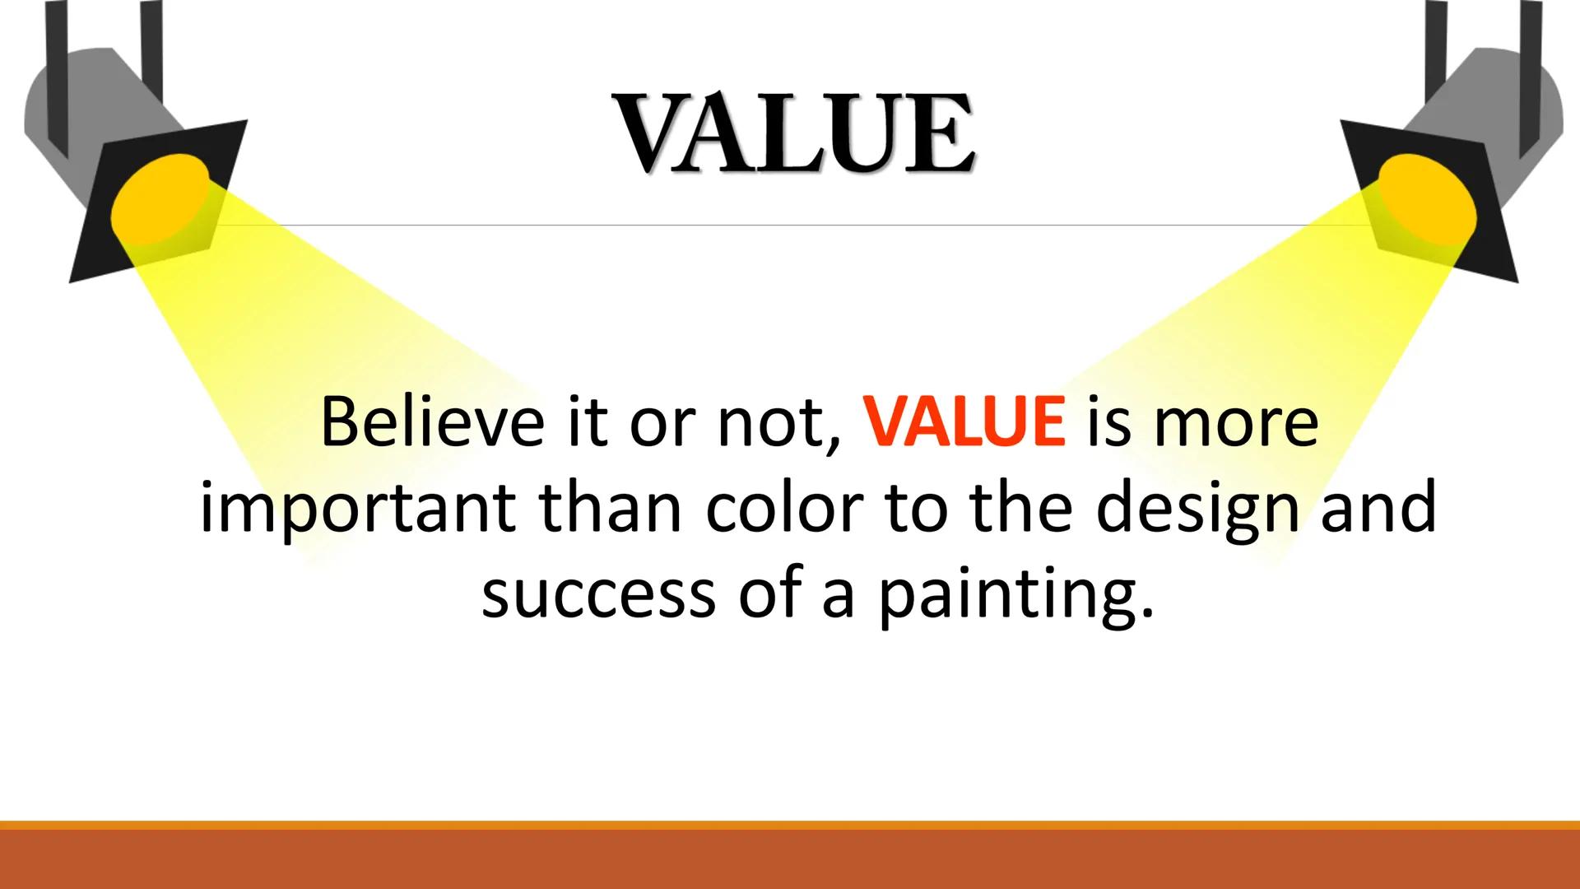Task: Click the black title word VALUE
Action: coord(794,135)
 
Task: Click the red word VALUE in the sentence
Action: coord(964,422)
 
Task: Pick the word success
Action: coord(598,594)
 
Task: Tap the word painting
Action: coord(1014,596)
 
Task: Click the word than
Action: coord(610,508)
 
